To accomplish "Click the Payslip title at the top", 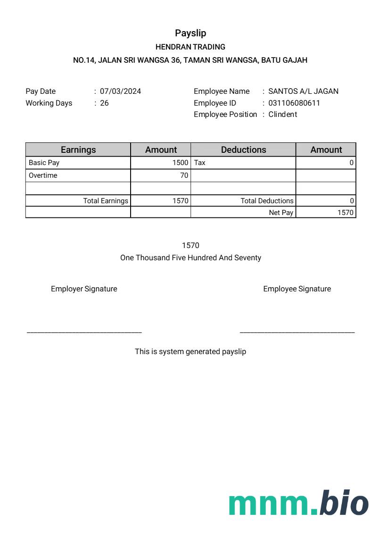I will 190,33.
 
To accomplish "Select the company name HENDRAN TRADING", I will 190,47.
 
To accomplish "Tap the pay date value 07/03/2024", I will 120,91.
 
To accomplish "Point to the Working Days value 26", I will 104,103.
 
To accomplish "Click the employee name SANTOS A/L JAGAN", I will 303,91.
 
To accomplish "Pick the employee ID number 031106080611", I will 294,103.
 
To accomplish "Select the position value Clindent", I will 282,114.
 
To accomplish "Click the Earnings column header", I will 78,149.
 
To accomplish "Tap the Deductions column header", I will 243,149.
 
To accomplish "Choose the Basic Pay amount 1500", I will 180,163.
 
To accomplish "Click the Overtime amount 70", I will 184,175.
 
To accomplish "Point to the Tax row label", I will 200,163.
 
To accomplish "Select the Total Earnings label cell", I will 106,201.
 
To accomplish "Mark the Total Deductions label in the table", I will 267,201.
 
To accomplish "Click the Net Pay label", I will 281,213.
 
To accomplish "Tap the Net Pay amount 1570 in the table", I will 345,213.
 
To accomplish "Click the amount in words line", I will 190,258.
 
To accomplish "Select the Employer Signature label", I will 84,289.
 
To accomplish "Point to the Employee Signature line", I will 297,332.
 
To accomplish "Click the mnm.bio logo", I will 298,503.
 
